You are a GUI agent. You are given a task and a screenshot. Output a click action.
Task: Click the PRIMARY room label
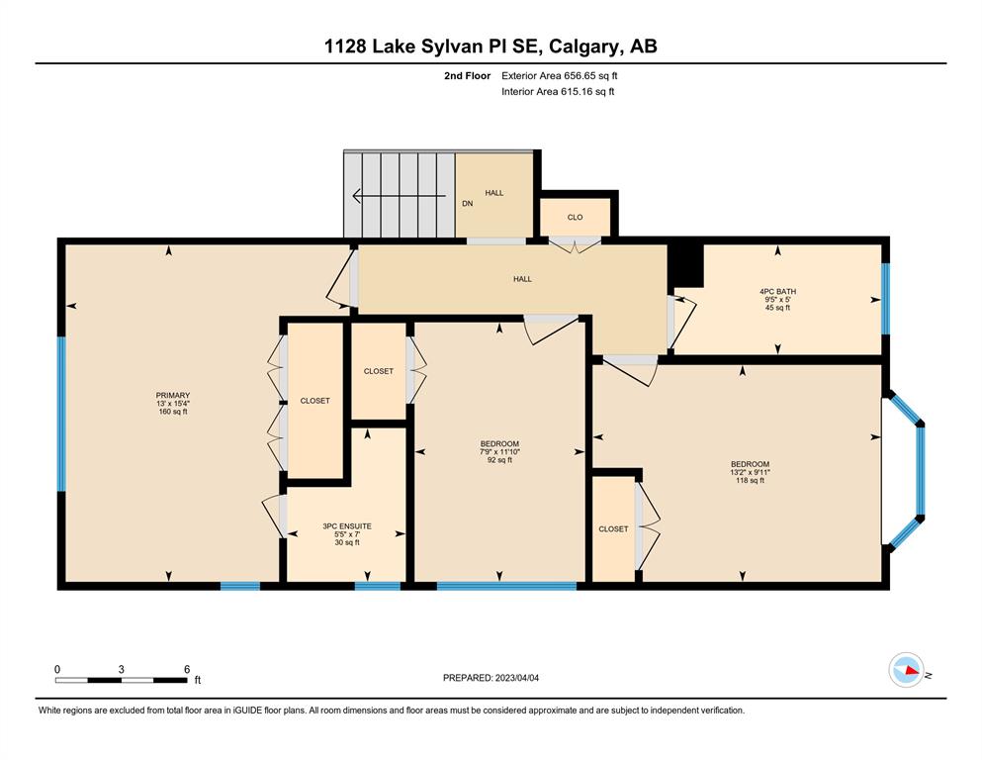pos(173,396)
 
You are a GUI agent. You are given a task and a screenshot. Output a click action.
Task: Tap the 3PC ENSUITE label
pos(347,526)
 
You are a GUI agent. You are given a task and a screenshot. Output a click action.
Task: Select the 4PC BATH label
pos(778,291)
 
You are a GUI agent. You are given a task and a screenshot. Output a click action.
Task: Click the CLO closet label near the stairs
pos(575,218)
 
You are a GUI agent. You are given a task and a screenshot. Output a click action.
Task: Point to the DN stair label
pos(467,204)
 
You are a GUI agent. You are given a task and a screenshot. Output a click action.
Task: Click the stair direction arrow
pos(399,196)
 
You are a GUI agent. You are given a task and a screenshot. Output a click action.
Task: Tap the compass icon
pos(907,670)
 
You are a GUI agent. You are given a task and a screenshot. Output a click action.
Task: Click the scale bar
pos(122,680)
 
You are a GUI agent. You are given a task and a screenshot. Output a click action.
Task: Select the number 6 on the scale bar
pos(187,669)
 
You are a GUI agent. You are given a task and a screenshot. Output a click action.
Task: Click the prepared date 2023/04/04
pos(516,678)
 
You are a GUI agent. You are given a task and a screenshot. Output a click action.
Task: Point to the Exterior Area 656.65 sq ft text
pos(560,76)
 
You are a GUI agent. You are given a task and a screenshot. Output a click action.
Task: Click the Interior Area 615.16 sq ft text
pos(558,91)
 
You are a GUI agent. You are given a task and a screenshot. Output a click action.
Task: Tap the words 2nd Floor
pos(467,76)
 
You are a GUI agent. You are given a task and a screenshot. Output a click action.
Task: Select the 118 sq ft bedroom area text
pos(750,481)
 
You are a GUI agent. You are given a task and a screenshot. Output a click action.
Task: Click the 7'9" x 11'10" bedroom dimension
pos(499,451)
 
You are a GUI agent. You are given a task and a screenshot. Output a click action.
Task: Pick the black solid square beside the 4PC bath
pos(685,265)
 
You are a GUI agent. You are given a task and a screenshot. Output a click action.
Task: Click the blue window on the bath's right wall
pos(885,299)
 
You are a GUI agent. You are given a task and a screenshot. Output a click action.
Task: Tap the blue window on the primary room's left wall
pos(61,415)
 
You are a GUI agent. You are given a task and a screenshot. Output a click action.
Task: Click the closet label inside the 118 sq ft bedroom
pos(613,528)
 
